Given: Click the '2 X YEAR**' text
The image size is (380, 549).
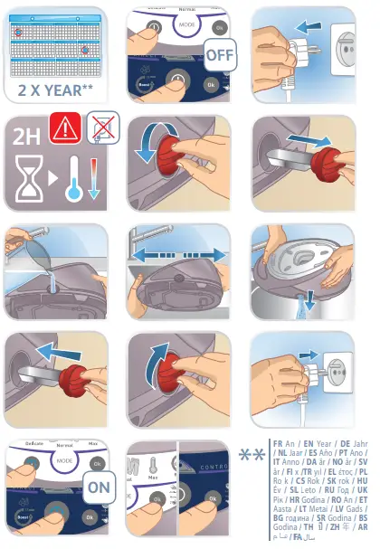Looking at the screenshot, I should click(55, 90).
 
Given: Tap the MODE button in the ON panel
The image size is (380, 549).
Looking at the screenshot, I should click(63, 460).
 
